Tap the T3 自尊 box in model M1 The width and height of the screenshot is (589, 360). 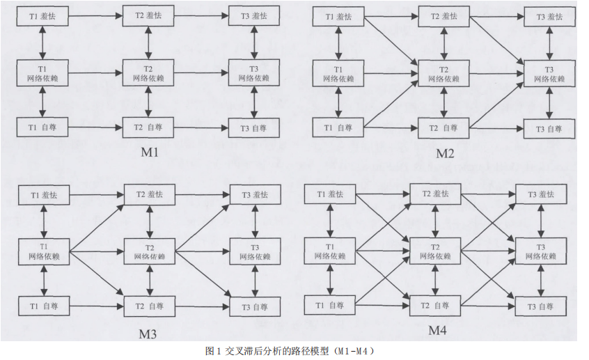coord(254,127)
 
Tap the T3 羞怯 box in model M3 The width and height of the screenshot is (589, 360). coord(254,195)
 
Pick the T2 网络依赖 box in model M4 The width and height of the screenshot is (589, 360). coord(436,251)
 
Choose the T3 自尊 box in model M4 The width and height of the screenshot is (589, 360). coord(541,306)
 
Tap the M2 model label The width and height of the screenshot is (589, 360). coord(445,152)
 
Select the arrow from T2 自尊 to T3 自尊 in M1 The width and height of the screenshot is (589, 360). coord(201,127)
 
